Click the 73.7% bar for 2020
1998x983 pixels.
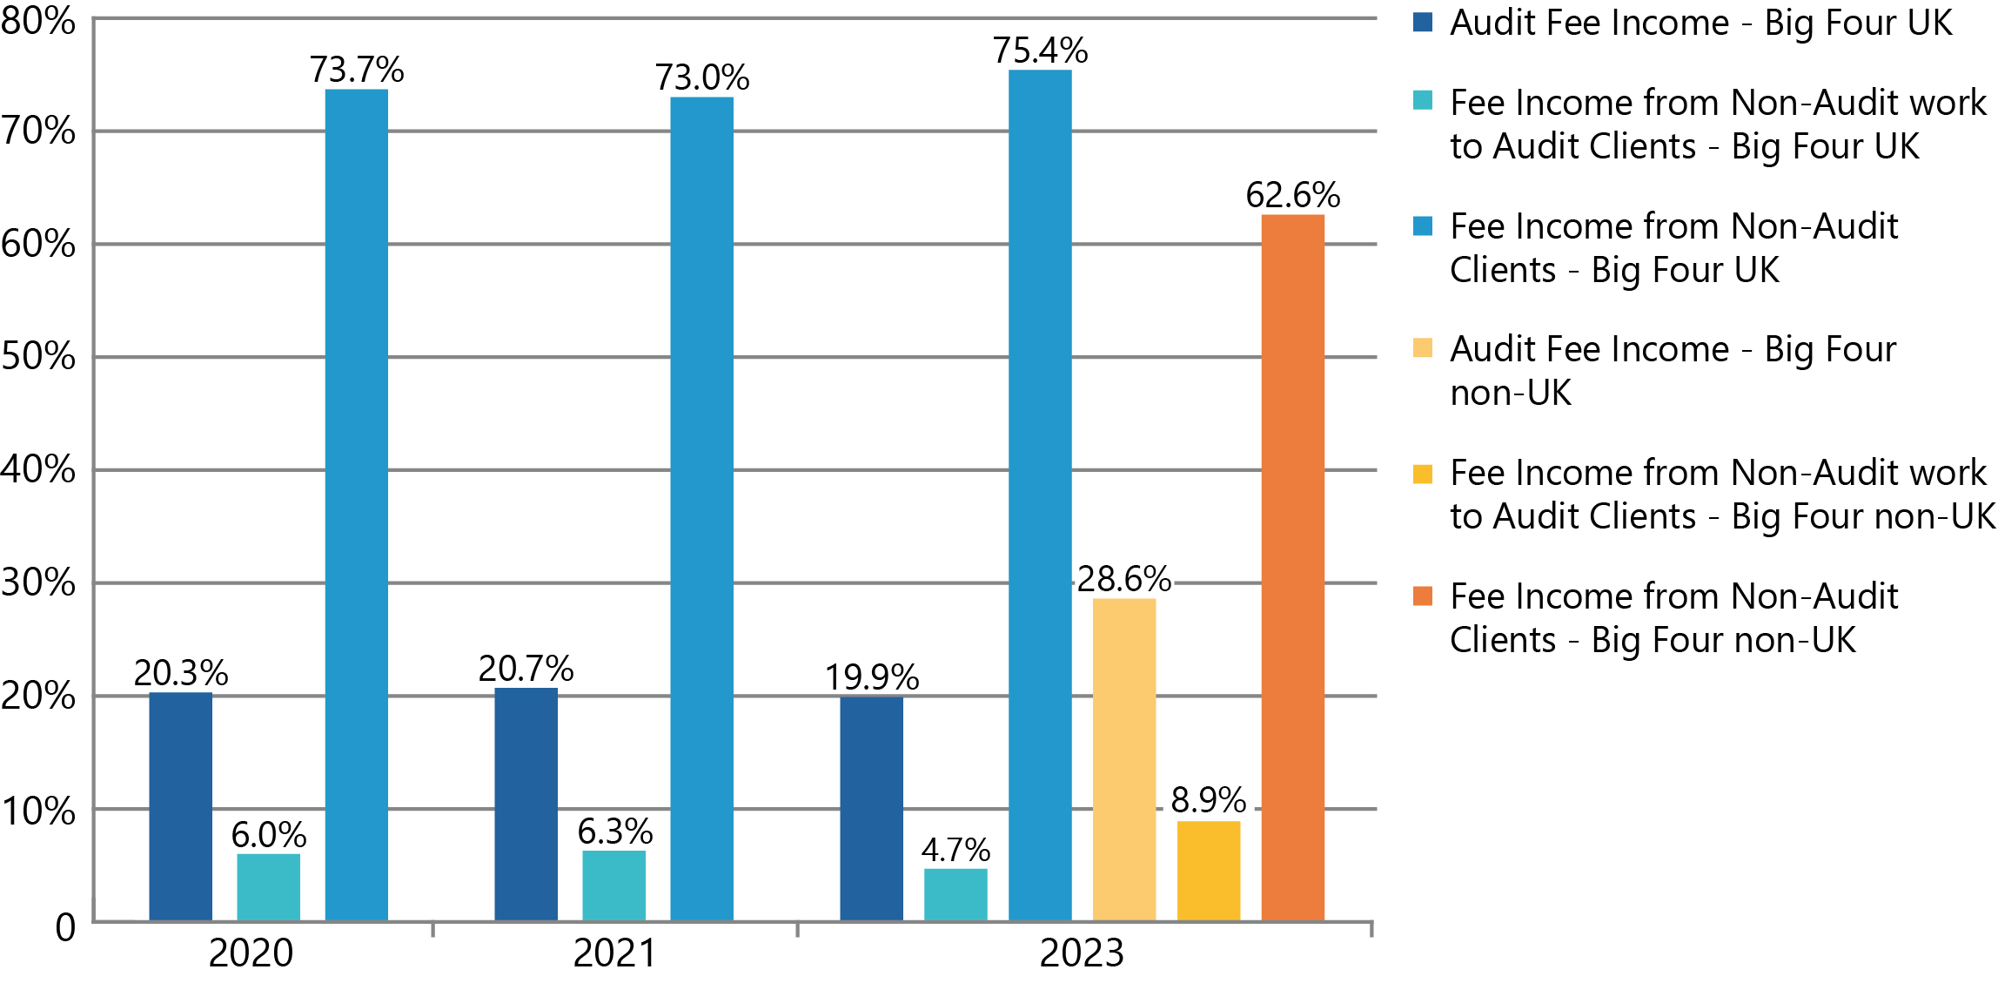tap(356, 505)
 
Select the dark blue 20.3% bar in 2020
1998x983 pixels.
tap(180, 806)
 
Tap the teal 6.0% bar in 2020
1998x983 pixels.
tap(268, 886)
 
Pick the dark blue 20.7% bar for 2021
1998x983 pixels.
tap(526, 804)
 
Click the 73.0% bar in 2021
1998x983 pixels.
tap(701, 508)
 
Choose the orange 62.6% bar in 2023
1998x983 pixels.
tap(1292, 567)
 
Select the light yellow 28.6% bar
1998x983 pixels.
tap(1123, 758)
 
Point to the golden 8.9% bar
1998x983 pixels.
tap(1208, 870)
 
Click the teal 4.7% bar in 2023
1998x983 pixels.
tap(955, 894)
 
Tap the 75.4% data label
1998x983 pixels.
tap(1040, 50)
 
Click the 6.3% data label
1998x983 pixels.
tap(614, 832)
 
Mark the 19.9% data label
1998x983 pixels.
tap(871, 677)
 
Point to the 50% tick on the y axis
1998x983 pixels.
tap(38, 356)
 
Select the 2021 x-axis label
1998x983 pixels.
tap(614, 953)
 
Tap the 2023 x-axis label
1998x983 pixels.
tap(1082, 953)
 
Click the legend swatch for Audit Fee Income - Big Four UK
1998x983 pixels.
tap(1422, 22)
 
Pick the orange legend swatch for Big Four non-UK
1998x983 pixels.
tap(1422, 596)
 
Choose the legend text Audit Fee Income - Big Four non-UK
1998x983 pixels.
tap(1672, 371)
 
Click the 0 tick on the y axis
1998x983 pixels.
tap(65, 927)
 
